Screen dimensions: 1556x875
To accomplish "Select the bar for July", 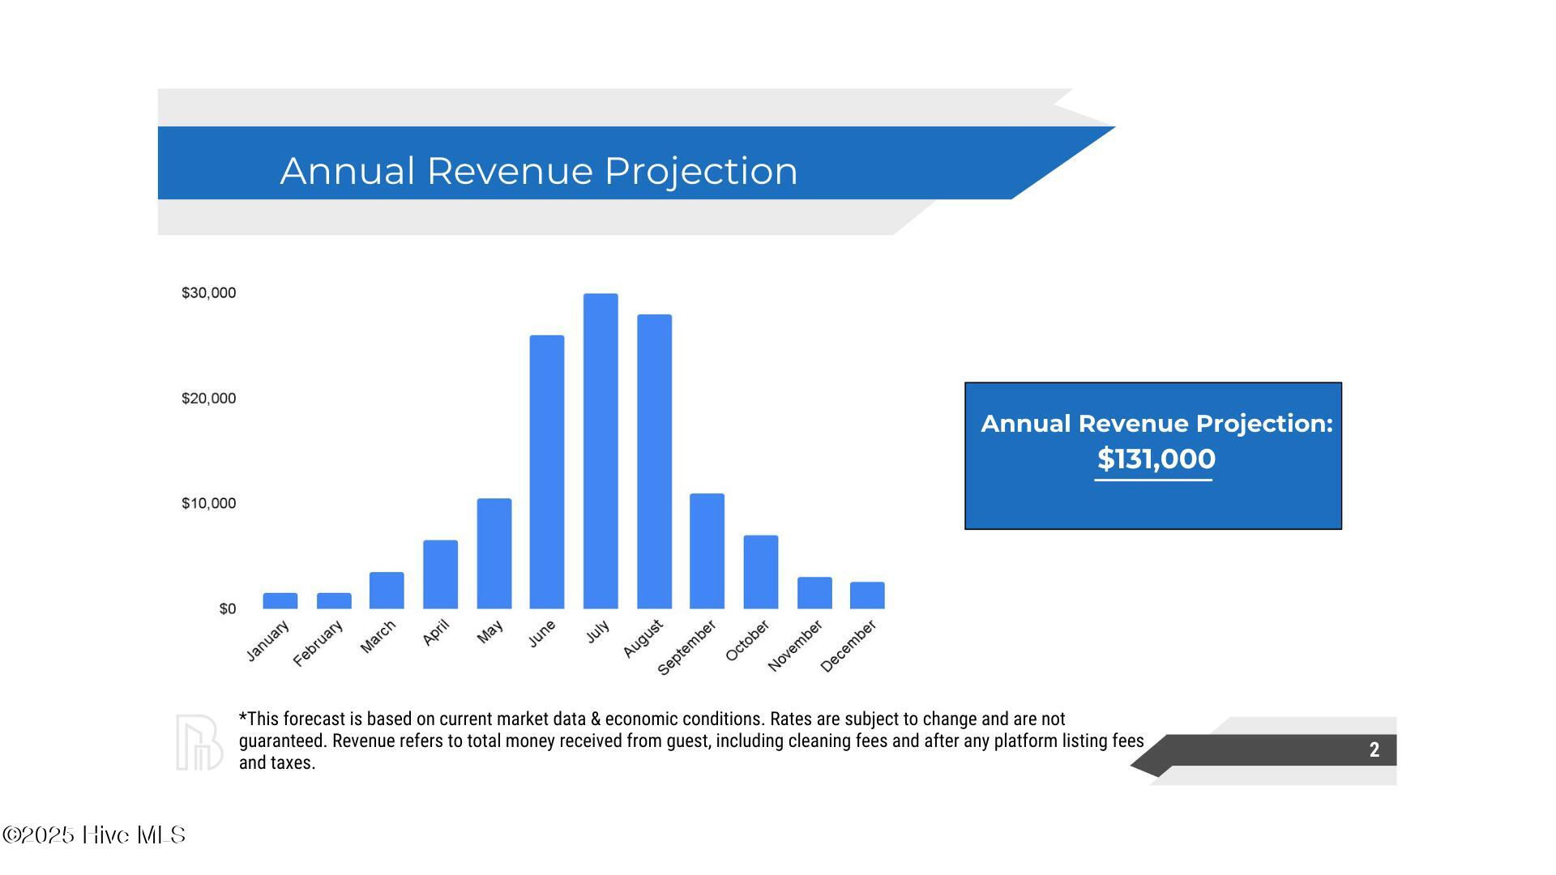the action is [601, 450].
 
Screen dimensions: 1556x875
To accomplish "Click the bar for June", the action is [547, 472].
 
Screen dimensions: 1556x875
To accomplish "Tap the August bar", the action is [654, 461].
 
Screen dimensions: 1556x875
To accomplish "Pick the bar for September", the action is [707, 551].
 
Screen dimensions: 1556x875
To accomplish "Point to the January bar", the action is [280, 600].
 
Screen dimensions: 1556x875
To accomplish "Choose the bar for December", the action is [867, 595].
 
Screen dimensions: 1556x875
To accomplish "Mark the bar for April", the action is [440, 574].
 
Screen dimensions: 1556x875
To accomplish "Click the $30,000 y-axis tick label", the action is [209, 292].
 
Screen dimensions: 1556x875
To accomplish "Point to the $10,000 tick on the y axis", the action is [209, 503].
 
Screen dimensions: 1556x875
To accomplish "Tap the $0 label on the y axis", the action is [228, 608].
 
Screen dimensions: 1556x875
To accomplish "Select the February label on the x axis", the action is [318, 643].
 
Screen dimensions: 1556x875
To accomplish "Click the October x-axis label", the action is [747, 640].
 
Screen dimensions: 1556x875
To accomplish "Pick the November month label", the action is [795, 645].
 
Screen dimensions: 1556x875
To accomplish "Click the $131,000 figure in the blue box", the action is [1156, 459].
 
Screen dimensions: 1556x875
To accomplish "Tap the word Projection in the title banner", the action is [701, 172].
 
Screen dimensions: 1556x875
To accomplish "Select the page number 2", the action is [1374, 750].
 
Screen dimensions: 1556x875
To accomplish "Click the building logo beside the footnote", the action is [199, 742].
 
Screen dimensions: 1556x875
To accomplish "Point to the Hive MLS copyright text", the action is [94, 835].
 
